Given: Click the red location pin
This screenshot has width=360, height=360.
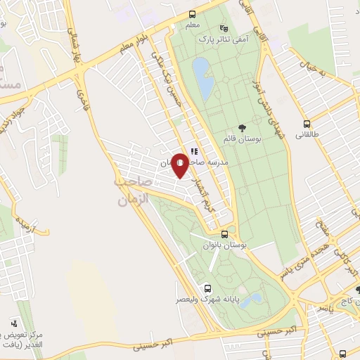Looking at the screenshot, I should pyautogui.click(x=180, y=165).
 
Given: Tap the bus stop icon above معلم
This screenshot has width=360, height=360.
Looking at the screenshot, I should pyautogui.click(x=193, y=15).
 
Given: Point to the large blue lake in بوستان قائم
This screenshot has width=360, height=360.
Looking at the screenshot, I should pyautogui.click(x=204, y=78).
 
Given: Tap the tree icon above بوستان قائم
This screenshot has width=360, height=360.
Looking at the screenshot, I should pyautogui.click(x=243, y=128).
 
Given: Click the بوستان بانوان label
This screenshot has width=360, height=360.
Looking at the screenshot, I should pyautogui.click(x=222, y=245).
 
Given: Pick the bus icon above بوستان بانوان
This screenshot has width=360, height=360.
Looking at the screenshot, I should pyautogui.click(x=224, y=235).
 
